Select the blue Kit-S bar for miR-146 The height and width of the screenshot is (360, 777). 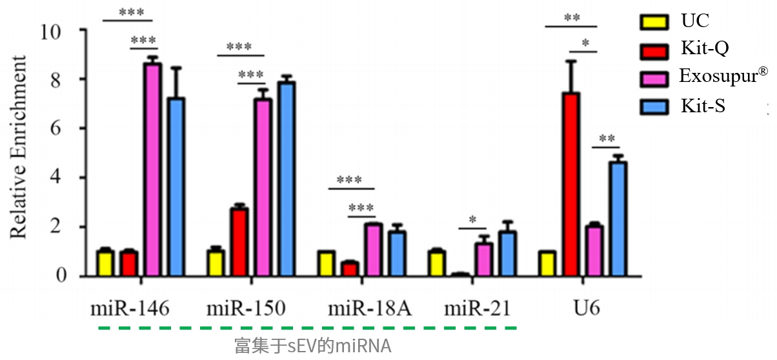(x=176, y=187)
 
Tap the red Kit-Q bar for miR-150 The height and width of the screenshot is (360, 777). (x=239, y=242)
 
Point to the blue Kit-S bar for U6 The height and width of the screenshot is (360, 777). (x=618, y=219)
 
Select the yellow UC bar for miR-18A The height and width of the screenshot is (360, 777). (x=326, y=264)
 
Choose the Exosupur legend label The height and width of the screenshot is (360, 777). (x=723, y=77)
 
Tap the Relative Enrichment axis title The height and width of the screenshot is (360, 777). (x=19, y=147)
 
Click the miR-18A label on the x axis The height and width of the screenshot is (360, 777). (x=369, y=310)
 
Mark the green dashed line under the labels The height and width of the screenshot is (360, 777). (x=307, y=328)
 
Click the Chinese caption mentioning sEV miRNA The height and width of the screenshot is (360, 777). (x=313, y=346)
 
